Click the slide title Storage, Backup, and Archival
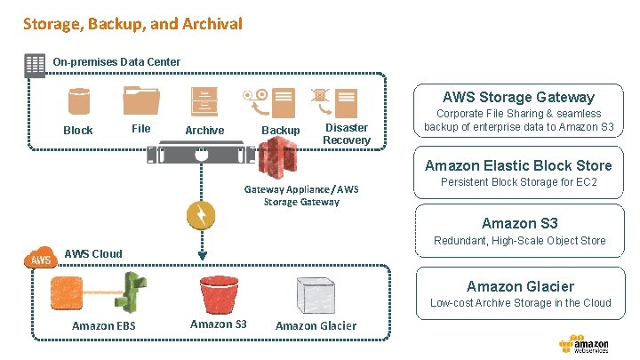(x=132, y=24)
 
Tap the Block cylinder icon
(x=79, y=103)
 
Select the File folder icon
(x=142, y=102)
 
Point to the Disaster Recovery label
(x=347, y=133)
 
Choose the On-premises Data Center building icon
(x=35, y=63)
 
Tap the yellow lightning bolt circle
(x=201, y=215)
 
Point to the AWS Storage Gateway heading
(x=518, y=97)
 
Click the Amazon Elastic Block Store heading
(x=518, y=165)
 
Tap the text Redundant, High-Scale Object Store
(x=519, y=240)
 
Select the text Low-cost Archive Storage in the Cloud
(x=520, y=302)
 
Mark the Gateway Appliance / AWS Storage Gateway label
(x=301, y=195)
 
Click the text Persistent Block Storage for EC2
(x=519, y=182)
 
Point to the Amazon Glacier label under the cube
(x=316, y=325)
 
